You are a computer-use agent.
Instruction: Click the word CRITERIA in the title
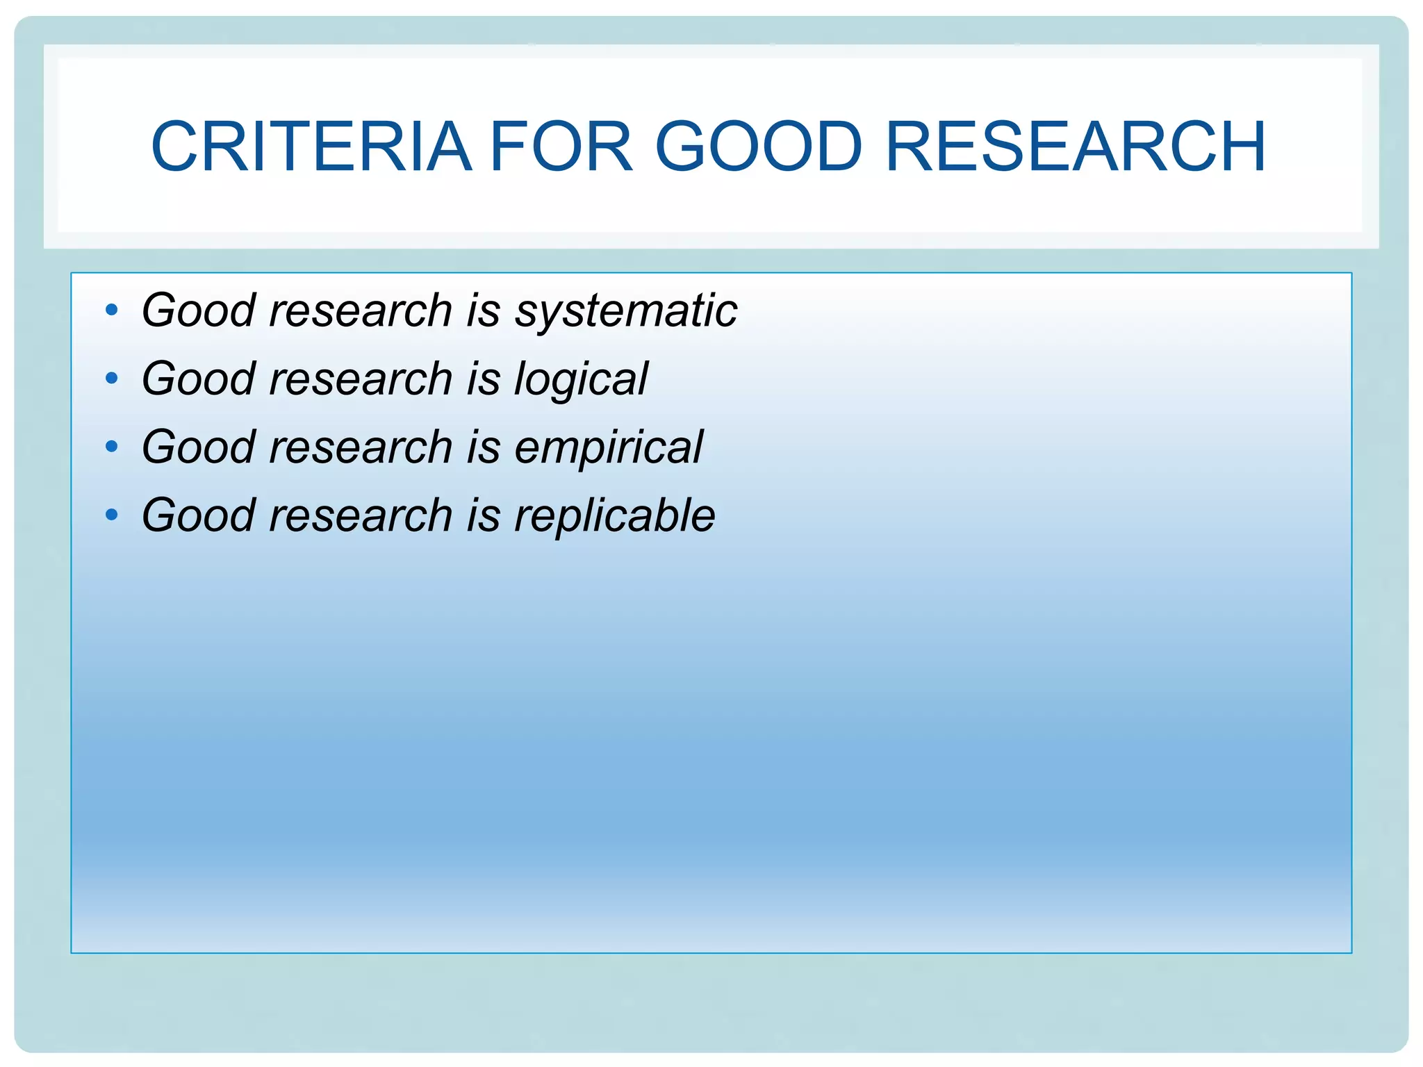coord(311,147)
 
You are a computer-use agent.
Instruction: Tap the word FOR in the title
coord(561,147)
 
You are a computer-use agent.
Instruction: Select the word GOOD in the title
coord(759,147)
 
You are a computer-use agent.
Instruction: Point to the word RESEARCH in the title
coord(1076,147)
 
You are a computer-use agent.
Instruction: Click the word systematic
coord(625,311)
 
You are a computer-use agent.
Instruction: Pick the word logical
coord(581,379)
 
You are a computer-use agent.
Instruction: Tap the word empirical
coord(609,447)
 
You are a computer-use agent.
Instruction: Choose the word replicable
coord(614,515)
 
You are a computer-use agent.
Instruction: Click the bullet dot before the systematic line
coord(111,311)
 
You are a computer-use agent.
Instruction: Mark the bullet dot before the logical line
coord(111,379)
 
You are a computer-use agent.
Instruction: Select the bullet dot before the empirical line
coord(111,447)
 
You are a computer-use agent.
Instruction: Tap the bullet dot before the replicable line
coord(111,515)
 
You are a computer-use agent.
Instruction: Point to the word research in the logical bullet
coord(361,379)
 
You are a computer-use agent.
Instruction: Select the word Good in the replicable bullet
coord(199,515)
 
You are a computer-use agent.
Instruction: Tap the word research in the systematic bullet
coord(361,311)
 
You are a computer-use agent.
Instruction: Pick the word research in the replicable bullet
coord(361,515)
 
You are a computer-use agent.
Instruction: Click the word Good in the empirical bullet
coord(199,447)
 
